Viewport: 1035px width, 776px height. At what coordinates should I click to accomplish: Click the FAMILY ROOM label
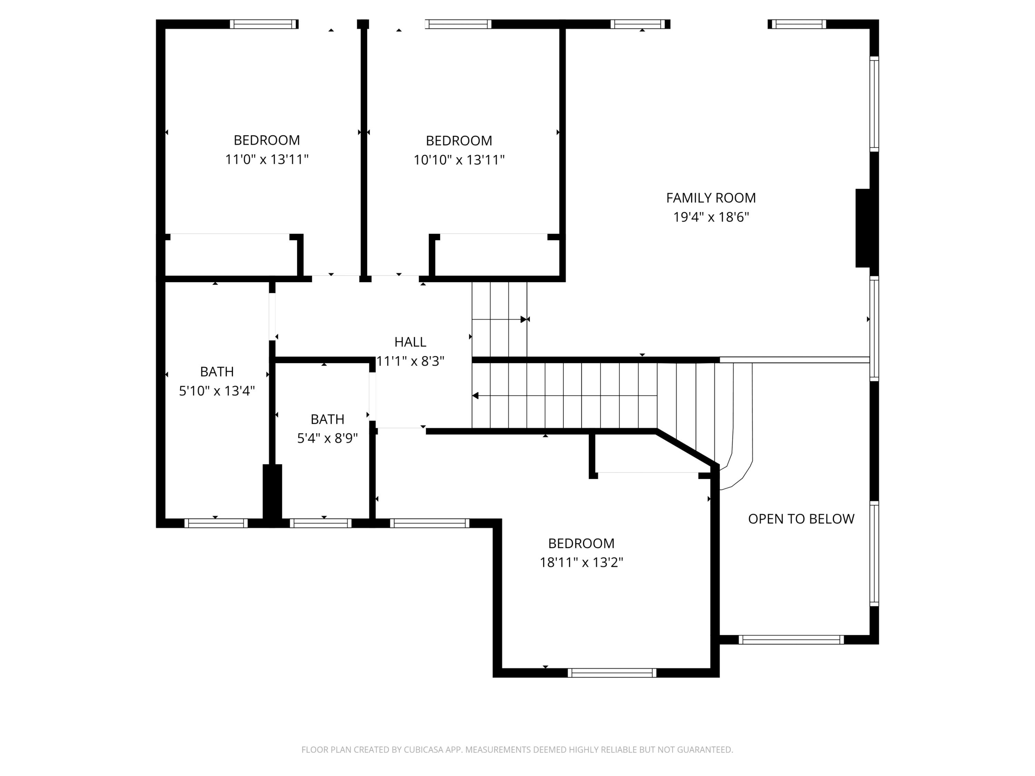711,198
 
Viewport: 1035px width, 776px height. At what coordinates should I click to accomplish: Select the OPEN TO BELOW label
801,519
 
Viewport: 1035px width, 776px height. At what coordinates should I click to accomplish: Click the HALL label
410,342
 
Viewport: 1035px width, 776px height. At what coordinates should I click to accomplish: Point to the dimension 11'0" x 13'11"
267,159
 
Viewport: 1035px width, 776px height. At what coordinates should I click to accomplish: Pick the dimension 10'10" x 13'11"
459,160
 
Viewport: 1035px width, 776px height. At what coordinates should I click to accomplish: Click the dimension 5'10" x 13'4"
217,390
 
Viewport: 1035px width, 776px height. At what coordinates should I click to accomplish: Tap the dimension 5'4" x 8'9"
327,438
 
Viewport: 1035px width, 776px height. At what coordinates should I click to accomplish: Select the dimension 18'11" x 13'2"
581,562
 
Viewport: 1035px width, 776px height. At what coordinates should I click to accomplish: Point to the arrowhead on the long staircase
475,396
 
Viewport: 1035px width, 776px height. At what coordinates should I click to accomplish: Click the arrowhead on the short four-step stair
523,319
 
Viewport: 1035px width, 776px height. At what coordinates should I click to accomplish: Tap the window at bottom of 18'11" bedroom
612,673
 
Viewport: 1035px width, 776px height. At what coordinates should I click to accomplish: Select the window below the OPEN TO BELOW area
791,639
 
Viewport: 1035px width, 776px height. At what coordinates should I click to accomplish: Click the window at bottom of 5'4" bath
321,523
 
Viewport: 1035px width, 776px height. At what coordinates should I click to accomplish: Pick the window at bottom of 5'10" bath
216,523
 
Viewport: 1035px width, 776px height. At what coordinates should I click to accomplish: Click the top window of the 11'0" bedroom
264,24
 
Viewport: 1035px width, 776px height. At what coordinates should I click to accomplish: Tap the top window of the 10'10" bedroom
458,24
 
